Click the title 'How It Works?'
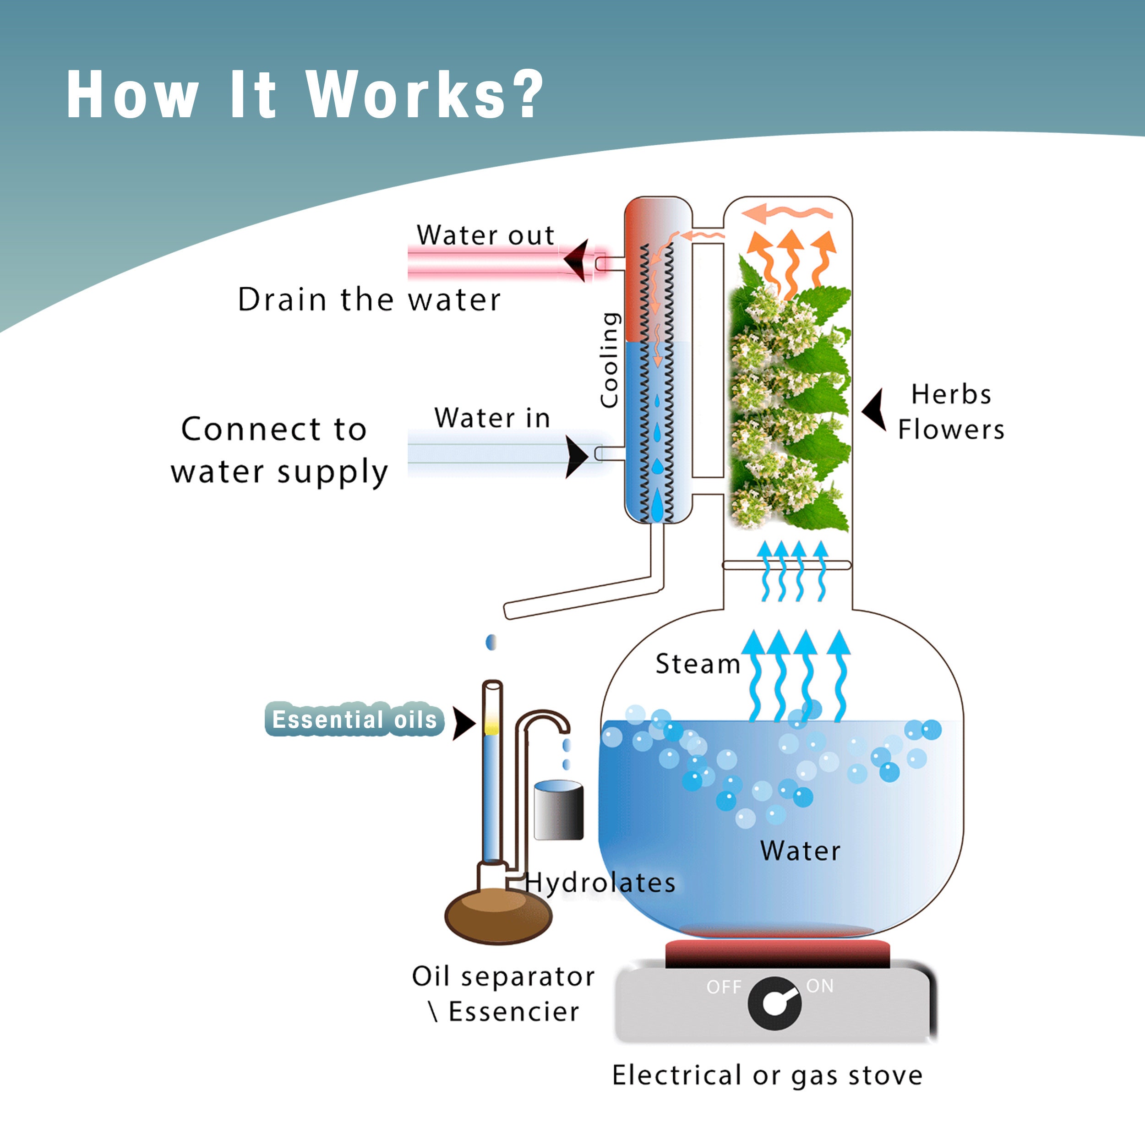(305, 95)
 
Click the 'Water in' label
(492, 418)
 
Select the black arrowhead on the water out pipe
(577, 260)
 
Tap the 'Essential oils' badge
(354, 720)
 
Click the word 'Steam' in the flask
(698, 664)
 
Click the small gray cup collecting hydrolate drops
(558, 811)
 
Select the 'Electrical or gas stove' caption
(767, 1075)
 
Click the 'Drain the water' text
(369, 299)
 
